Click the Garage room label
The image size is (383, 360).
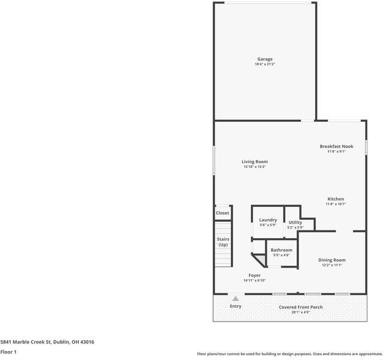click(265, 59)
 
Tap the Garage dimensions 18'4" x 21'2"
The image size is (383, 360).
click(265, 64)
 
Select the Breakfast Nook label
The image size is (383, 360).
click(336, 146)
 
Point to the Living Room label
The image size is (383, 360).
click(255, 161)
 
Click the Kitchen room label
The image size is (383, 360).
click(336, 199)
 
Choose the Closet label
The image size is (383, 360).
click(222, 213)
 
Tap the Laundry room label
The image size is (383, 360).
click(268, 220)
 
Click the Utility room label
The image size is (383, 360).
click(295, 223)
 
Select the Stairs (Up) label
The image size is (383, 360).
click(223, 242)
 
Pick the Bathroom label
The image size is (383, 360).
click(281, 250)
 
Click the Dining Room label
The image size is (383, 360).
click(331, 260)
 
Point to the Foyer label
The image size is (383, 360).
click(255, 275)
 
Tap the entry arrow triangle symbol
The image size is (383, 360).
click(236, 298)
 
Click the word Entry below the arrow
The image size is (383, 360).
click(236, 306)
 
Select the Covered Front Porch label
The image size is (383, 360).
click(301, 307)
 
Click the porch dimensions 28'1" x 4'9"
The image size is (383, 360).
click(301, 312)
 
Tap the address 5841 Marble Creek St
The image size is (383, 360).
click(47, 342)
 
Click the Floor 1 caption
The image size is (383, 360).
click(8, 352)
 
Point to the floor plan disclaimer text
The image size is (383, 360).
click(289, 353)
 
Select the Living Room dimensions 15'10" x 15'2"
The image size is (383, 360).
click(255, 167)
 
